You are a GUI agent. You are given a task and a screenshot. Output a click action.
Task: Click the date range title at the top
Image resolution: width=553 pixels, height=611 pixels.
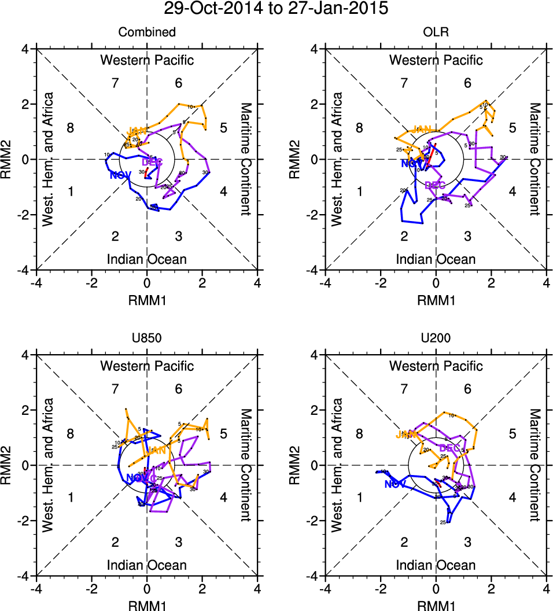click(x=276, y=9)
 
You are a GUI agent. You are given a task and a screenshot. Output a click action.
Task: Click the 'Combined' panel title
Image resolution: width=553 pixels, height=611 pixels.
click(x=147, y=32)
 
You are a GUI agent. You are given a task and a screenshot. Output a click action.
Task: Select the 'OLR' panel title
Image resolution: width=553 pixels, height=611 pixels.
click(x=436, y=32)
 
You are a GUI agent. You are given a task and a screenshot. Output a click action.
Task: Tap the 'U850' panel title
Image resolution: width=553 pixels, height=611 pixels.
click(x=147, y=338)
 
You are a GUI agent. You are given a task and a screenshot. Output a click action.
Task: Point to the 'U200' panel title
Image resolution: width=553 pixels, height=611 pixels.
click(x=436, y=338)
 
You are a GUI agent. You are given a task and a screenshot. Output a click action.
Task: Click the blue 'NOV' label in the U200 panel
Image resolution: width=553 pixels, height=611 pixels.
click(x=395, y=484)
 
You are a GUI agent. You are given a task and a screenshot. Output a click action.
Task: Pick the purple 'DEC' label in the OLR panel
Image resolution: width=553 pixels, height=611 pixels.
click(x=435, y=185)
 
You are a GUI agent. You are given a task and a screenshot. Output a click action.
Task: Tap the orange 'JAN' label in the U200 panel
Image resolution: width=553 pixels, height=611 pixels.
click(x=405, y=435)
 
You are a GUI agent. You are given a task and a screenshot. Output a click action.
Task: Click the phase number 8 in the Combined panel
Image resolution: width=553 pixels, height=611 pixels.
click(x=71, y=128)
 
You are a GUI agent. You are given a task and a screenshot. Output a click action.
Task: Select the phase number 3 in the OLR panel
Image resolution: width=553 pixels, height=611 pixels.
click(x=467, y=236)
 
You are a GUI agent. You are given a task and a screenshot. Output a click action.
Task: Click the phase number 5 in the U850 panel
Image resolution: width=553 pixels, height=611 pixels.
click(x=223, y=434)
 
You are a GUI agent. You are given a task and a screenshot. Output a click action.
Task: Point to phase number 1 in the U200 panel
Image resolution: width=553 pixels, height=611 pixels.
click(x=359, y=497)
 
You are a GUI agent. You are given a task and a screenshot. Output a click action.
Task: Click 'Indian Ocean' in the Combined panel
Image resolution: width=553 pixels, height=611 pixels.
click(x=147, y=259)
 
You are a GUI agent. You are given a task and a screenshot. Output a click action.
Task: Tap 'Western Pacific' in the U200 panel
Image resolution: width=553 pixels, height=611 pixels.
click(x=436, y=366)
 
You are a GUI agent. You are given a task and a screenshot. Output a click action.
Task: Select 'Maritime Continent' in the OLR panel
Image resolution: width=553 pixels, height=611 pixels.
click(x=534, y=159)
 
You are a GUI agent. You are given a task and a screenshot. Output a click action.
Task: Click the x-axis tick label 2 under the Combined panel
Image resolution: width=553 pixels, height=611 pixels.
click(x=202, y=284)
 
